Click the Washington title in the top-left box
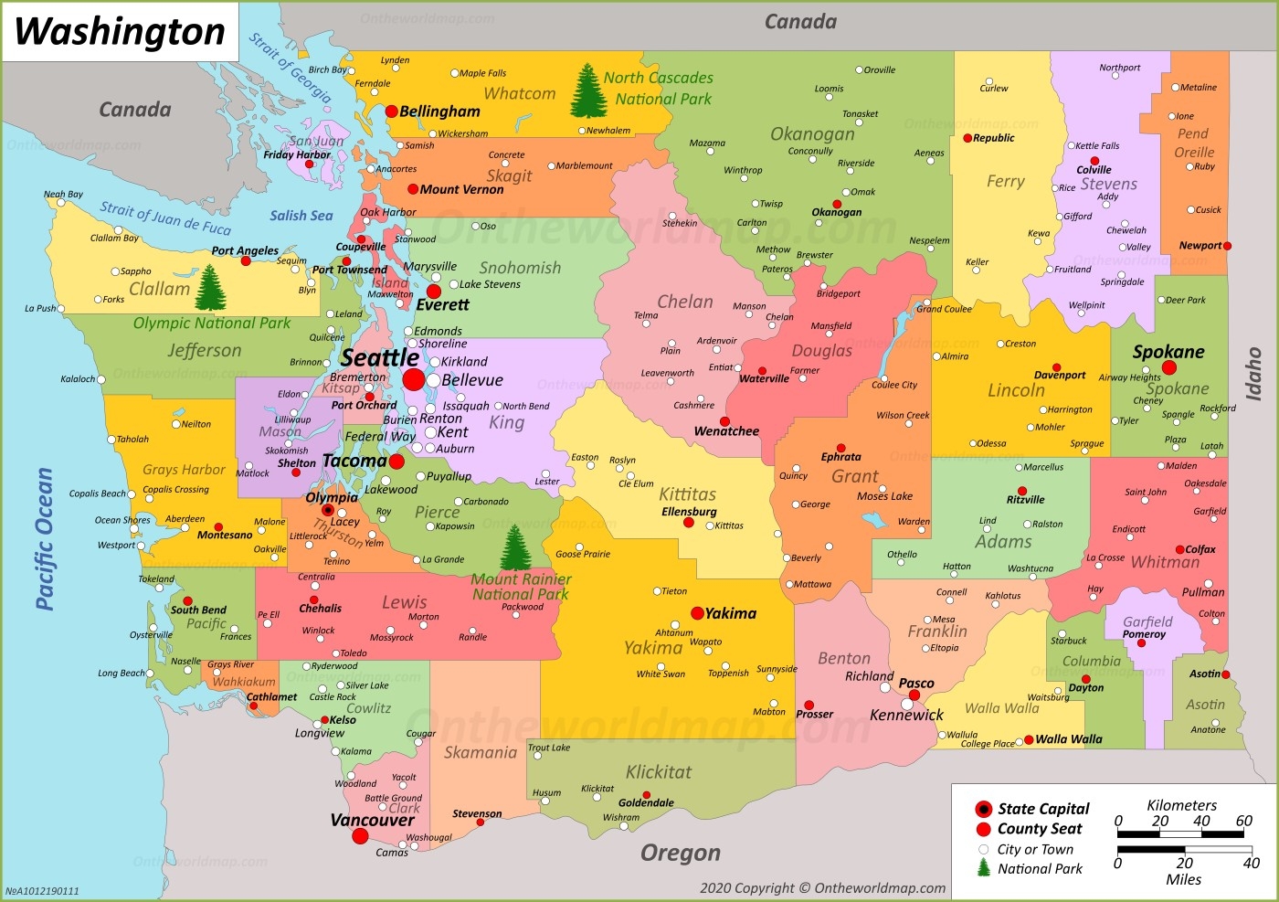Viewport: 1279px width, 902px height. pyautogui.click(x=120, y=31)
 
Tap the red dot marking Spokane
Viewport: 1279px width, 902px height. pyautogui.click(x=1168, y=367)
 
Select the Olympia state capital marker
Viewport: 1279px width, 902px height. pyautogui.click(x=327, y=510)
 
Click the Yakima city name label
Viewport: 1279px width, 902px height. pyautogui.click(x=730, y=613)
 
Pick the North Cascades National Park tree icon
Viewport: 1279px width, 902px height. pyautogui.click(x=588, y=90)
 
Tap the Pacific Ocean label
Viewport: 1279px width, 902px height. pyautogui.click(x=44, y=538)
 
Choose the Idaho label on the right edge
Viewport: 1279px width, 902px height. pyautogui.click(x=1253, y=373)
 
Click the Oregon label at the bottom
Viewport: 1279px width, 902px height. pyautogui.click(x=680, y=853)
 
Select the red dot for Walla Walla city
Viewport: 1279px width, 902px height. pyautogui.click(x=1029, y=739)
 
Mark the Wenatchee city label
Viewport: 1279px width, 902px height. pyautogui.click(x=726, y=430)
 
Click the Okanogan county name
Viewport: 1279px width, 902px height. pyautogui.click(x=812, y=133)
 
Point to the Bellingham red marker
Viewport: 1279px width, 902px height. pyautogui.click(x=391, y=111)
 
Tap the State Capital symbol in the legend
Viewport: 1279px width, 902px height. pyautogui.click(x=983, y=809)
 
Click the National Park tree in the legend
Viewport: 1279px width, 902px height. pyautogui.click(x=984, y=868)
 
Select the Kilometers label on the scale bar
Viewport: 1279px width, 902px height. pyautogui.click(x=1181, y=805)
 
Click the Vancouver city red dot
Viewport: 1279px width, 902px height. pyautogui.click(x=360, y=835)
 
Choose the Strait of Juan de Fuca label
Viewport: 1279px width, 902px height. pyautogui.click(x=165, y=218)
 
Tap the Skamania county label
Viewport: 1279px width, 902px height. pyautogui.click(x=481, y=752)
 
